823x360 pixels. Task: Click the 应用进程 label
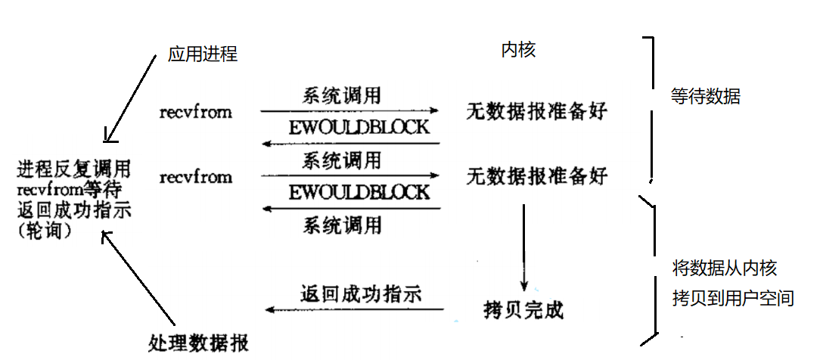(x=202, y=54)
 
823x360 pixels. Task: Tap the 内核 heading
(x=519, y=50)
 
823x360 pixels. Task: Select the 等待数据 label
(x=705, y=97)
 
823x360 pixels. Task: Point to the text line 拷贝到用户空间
(x=733, y=298)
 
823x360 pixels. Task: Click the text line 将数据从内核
(x=724, y=268)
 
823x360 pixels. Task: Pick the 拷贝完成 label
(x=523, y=310)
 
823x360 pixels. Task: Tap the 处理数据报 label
(x=199, y=341)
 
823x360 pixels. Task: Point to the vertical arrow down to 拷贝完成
(x=523, y=246)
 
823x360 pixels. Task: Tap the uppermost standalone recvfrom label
(x=196, y=113)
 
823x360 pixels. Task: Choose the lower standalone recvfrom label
(x=196, y=177)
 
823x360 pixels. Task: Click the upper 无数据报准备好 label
(x=536, y=113)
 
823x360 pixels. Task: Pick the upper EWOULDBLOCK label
(x=359, y=126)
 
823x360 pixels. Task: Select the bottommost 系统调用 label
(x=342, y=225)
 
